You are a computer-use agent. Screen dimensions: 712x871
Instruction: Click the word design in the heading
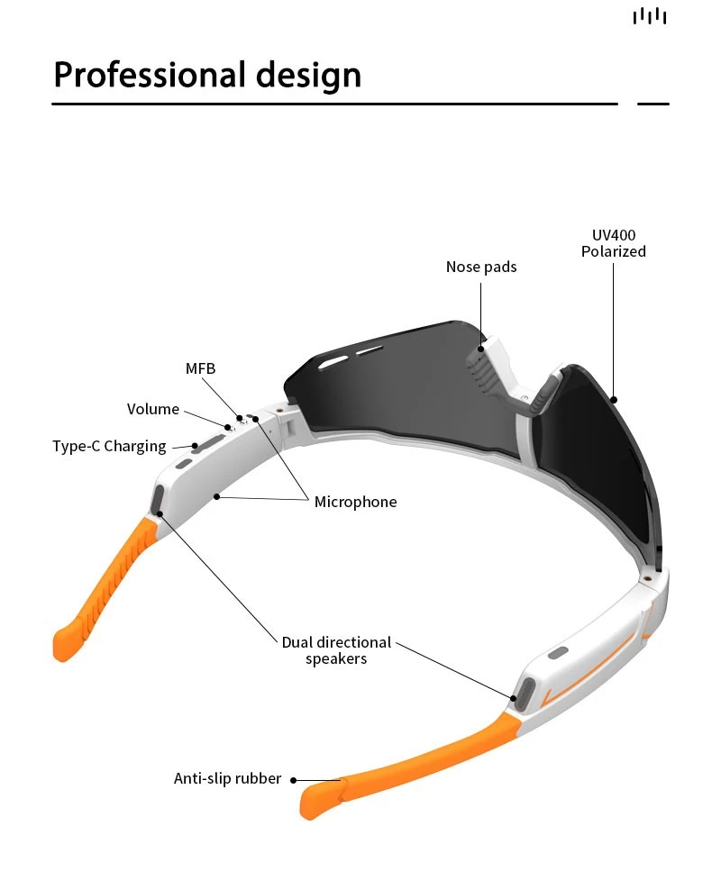click(x=308, y=75)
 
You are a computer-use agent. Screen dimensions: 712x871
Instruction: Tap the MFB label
click(x=200, y=368)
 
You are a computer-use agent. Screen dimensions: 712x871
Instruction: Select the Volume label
click(x=153, y=410)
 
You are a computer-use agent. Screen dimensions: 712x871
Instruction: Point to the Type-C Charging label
click(x=109, y=447)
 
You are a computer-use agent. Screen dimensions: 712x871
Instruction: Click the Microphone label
click(x=356, y=503)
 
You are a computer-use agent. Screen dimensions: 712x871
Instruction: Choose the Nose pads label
click(x=481, y=268)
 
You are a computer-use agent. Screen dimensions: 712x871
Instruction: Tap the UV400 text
click(x=614, y=235)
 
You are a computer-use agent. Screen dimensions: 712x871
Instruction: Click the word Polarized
click(x=614, y=251)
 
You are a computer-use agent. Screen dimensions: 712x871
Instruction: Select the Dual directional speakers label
click(x=336, y=650)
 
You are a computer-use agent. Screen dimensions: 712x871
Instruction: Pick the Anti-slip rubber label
click(x=227, y=778)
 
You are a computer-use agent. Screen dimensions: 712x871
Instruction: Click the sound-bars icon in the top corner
click(x=650, y=16)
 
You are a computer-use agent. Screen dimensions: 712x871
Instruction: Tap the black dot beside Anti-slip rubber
click(x=294, y=780)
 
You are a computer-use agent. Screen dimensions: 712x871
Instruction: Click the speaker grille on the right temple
click(x=525, y=694)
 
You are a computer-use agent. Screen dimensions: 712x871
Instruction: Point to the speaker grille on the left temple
click(x=159, y=498)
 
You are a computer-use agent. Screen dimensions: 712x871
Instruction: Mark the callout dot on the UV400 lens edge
click(x=614, y=399)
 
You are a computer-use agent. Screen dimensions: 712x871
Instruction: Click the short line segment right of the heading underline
click(x=653, y=104)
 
